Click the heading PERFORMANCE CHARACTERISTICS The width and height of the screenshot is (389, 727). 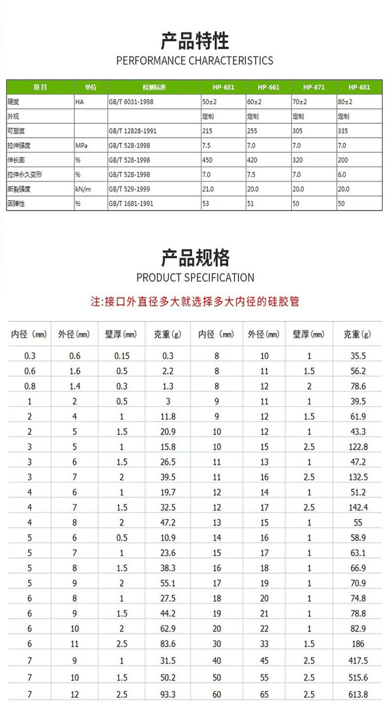(x=194, y=61)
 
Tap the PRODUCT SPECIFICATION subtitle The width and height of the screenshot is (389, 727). (x=195, y=278)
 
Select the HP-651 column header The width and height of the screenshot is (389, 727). (x=223, y=88)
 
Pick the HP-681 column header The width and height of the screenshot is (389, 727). (x=359, y=88)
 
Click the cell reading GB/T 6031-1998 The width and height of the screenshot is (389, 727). (x=131, y=103)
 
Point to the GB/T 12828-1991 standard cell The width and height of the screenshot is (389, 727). (x=133, y=131)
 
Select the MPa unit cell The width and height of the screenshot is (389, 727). (x=81, y=145)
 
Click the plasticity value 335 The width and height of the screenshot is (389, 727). (x=343, y=131)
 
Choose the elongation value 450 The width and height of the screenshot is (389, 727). (x=207, y=160)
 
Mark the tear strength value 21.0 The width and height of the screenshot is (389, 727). (x=208, y=189)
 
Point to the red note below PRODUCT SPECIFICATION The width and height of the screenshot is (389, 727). (x=194, y=301)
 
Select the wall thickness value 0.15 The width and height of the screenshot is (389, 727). (x=122, y=356)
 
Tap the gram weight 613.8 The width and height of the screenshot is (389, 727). (x=359, y=695)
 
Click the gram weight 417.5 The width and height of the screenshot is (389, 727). (x=359, y=661)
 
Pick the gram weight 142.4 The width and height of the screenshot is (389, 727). (x=359, y=508)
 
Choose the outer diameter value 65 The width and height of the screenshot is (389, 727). (x=265, y=695)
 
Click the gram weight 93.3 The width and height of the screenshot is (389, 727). (x=168, y=695)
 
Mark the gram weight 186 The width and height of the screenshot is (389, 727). (x=359, y=644)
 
